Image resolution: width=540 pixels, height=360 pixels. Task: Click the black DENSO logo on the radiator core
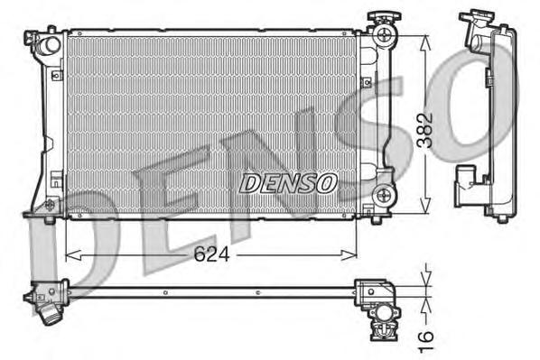(x=288, y=183)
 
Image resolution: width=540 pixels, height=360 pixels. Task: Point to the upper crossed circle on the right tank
(x=386, y=36)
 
